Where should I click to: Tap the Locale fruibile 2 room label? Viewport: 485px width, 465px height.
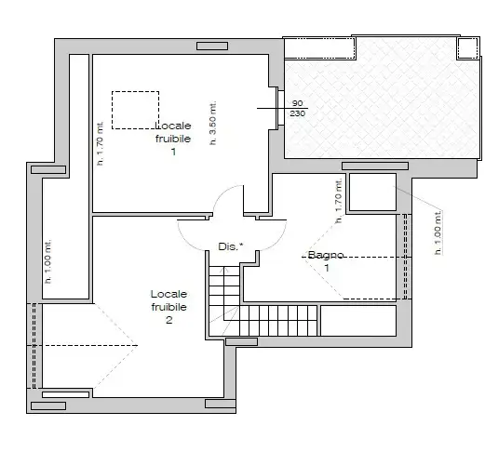click(x=168, y=307)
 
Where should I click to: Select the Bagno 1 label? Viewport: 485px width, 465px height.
click(x=326, y=260)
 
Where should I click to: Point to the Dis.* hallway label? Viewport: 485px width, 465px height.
click(x=230, y=246)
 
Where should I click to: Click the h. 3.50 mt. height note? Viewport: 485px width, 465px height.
click(x=212, y=125)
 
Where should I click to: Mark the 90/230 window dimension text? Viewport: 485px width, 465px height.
click(x=298, y=108)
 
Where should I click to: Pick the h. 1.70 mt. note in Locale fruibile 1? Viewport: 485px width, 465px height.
click(x=101, y=144)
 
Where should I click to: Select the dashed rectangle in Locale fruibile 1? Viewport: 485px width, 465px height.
click(x=135, y=109)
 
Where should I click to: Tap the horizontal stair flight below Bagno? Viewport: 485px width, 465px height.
click(x=279, y=320)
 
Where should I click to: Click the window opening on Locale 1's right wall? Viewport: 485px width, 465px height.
click(x=276, y=109)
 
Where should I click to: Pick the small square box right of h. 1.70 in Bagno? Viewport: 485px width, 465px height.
click(x=371, y=192)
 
